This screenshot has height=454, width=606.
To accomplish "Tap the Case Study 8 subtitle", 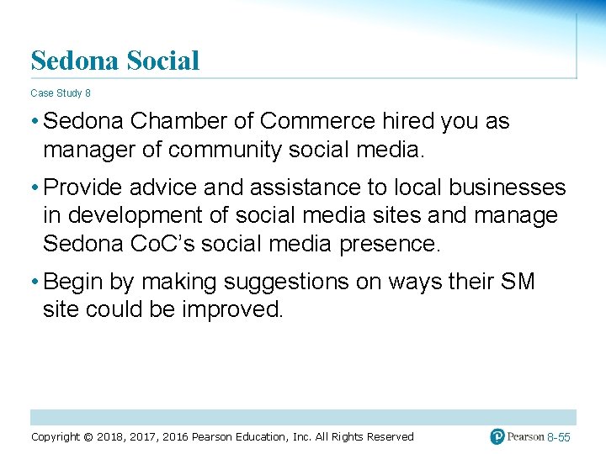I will [x=61, y=92].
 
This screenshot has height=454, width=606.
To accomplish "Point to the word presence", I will [x=390, y=245].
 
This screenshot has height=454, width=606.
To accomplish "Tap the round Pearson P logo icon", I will [x=498, y=436].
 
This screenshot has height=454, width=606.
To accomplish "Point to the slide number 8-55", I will [x=559, y=438].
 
